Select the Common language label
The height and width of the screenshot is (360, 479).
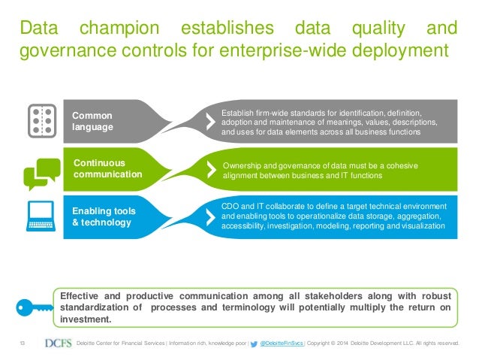coord(92,121)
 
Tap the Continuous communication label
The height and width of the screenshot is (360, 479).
coord(107,168)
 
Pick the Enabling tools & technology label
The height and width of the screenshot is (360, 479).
coord(104,216)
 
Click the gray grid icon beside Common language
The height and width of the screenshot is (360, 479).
coord(42,121)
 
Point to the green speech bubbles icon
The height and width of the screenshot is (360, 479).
coord(42,174)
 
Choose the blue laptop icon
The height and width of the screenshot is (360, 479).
coord(42,216)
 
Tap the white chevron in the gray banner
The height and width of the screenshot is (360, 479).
coord(209,121)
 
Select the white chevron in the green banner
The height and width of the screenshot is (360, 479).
coord(209,169)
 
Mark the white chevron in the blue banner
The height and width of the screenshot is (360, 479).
coord(209,216)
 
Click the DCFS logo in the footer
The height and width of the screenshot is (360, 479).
coord(59,344)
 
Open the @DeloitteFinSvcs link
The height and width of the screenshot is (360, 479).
coord(282,345)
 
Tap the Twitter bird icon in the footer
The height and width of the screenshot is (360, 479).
coord(253,344)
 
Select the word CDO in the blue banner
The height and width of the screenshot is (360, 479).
coord(230,205)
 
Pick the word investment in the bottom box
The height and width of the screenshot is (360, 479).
coord(85,319)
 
